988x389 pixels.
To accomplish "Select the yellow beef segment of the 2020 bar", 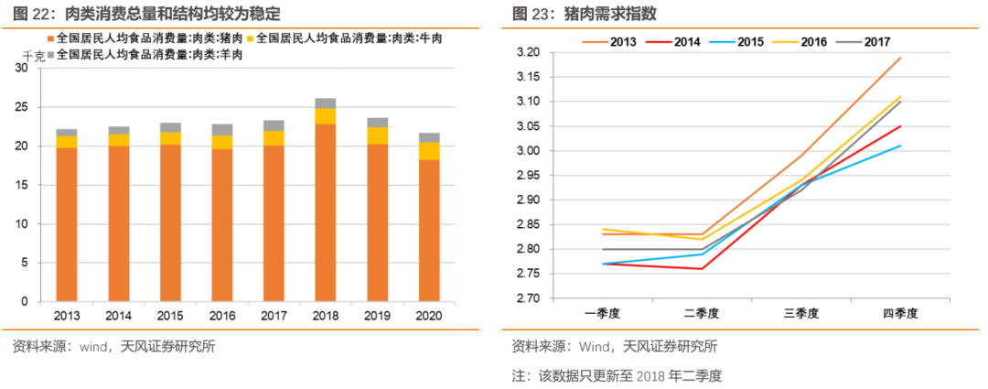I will (429, 151).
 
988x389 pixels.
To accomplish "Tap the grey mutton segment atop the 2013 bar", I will (67, 133).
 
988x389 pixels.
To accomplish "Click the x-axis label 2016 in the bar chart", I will (221, 316).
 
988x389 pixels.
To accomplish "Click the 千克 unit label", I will (32, 57).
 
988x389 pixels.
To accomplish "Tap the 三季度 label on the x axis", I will (801, 313).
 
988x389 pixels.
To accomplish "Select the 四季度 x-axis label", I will (900, 313).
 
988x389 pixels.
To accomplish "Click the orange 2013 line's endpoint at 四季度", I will (901, 58).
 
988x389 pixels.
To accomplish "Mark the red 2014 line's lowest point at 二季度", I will (702, 269).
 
